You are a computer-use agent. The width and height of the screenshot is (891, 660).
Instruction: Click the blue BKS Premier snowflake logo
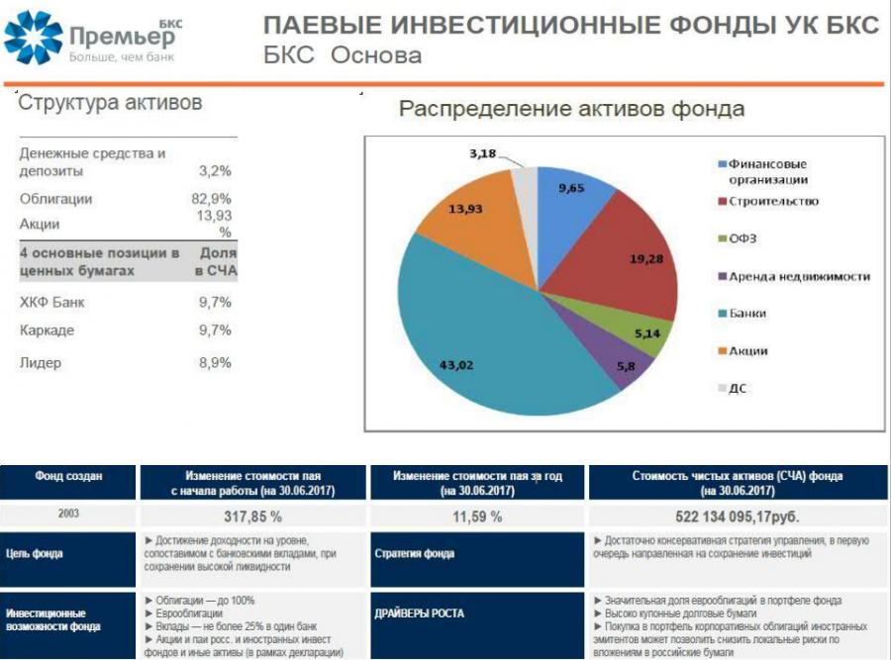point(33,37)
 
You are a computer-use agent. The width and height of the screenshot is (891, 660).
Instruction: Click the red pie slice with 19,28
point(631,255)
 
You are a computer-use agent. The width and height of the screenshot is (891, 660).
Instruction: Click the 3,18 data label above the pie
point(482,153)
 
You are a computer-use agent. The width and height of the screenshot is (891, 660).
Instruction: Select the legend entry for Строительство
point(768,201)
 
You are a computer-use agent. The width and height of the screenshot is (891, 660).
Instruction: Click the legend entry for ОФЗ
point(738,238)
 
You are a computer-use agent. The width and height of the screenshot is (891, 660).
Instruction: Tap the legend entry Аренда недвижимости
point(794,277)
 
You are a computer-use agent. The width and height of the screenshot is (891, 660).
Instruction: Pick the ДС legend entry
point(733,389)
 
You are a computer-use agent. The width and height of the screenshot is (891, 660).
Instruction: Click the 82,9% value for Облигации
point(212,199)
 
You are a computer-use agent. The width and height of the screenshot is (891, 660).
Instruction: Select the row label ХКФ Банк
point(51,302)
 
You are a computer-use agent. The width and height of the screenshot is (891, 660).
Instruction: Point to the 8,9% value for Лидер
point(215,362)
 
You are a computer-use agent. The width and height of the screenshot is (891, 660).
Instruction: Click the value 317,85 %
point(252,517)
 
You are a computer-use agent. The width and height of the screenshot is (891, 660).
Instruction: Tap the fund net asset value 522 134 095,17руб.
point(737,517)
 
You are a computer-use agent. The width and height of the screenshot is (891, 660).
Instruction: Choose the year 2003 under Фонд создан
point(68,514)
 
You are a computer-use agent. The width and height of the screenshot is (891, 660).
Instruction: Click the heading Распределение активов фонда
point(571,109)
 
